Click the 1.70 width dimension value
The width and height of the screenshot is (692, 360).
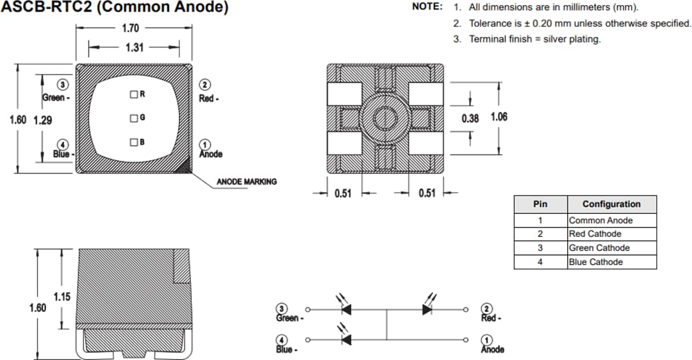[130, 28]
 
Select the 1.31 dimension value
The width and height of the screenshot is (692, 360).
[133, 47]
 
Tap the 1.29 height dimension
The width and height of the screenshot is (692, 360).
[42, 120]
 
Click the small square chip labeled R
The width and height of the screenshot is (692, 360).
[133, 94]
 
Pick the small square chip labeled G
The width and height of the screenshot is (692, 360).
[133, 118]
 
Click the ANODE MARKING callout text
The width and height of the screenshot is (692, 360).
[246, 182]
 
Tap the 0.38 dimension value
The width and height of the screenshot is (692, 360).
[470, 118]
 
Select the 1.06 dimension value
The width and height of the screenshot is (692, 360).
[498, 117]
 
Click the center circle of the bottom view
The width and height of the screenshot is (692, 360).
[384, 118]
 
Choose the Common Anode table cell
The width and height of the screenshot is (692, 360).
[600, 220]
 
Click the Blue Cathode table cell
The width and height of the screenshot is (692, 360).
[596, 262]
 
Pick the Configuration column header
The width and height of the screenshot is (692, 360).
[611, 204]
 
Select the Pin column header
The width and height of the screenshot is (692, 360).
[540, 204]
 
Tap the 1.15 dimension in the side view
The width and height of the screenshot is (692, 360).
[62, 297]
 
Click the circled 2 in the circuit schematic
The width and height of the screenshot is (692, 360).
[488, 309]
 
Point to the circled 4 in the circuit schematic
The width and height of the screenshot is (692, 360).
[281, 340]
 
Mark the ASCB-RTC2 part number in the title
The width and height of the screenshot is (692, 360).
[42, 8]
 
